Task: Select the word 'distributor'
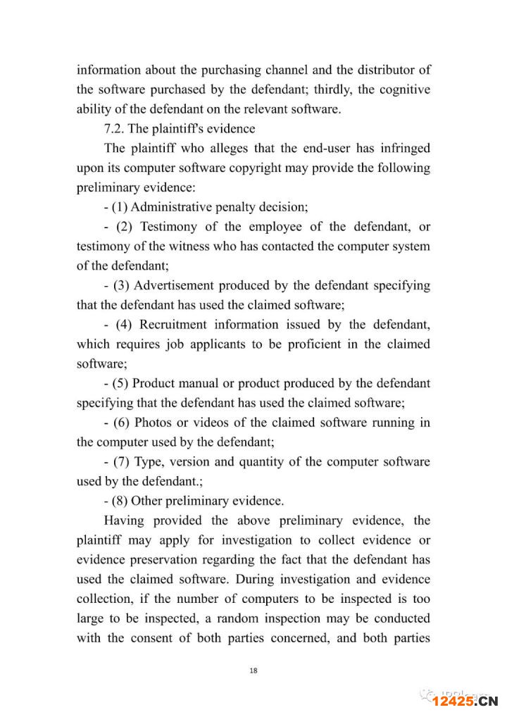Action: [x=380, y=70]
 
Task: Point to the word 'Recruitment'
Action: [x=173, y=325]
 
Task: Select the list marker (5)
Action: [x=121, y=384]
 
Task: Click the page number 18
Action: [x=254, y=671]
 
